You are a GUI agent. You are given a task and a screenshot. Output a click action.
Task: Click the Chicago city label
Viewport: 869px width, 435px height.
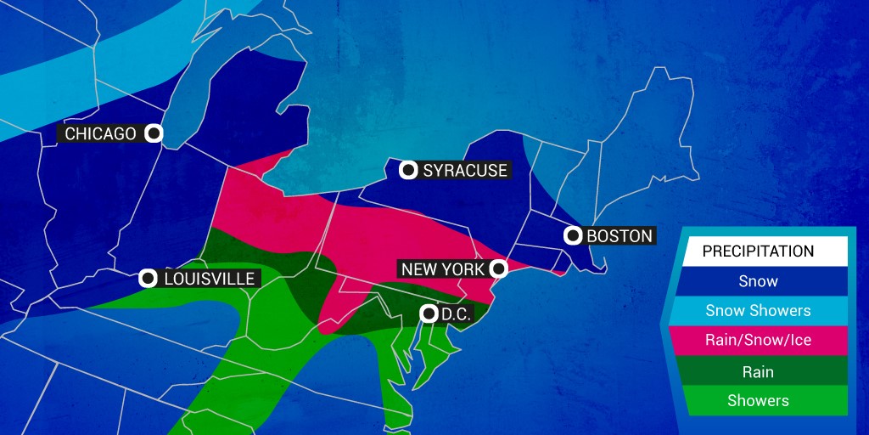(x=100, y=134)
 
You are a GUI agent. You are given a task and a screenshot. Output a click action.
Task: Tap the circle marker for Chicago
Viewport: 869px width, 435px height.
(x=154, y=133)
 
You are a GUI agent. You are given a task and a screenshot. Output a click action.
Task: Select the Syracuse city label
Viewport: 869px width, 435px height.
(x=465, y=171)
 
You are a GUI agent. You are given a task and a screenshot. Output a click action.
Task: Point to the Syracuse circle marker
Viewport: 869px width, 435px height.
(x=408, y=171)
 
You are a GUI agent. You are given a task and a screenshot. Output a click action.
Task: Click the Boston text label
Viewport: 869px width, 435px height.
(x=620, y=236)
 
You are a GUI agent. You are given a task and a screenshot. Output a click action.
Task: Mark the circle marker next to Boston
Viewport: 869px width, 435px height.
(x=573, y=236)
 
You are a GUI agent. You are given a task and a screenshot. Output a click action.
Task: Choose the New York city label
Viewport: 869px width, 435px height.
(x=443, y=269)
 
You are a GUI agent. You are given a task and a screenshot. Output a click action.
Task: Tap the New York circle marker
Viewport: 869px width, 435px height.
(x=499, y=269)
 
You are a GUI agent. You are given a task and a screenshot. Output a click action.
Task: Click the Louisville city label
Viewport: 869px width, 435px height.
(x=209, y=279)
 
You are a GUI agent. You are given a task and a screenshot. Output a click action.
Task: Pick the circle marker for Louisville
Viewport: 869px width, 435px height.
(x=148, y=279)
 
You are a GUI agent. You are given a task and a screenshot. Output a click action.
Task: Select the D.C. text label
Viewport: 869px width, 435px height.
(x=456, y=314)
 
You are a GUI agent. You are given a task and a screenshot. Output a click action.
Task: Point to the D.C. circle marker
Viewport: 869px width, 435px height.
(x=428, y=314)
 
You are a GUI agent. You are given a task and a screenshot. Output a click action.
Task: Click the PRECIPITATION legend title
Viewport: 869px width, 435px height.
(x=758, y=251)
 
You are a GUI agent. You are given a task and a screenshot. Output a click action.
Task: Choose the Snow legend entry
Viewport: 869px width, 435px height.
(x=758, y=281)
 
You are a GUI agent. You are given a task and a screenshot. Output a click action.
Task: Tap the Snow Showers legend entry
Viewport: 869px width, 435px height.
(x=758, y=311)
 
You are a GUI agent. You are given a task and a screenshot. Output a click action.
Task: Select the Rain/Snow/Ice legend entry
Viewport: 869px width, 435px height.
(x=758, y=341)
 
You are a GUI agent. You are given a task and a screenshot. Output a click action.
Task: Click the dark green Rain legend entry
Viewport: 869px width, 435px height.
(x=758, y=371)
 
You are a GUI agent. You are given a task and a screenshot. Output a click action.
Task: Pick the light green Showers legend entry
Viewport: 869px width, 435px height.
(x=758, y=401)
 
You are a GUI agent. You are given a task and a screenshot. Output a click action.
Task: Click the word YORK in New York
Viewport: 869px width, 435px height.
(x=463, y=269)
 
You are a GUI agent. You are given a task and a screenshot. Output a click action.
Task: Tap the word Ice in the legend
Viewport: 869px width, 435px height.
(x=799, y=341)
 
